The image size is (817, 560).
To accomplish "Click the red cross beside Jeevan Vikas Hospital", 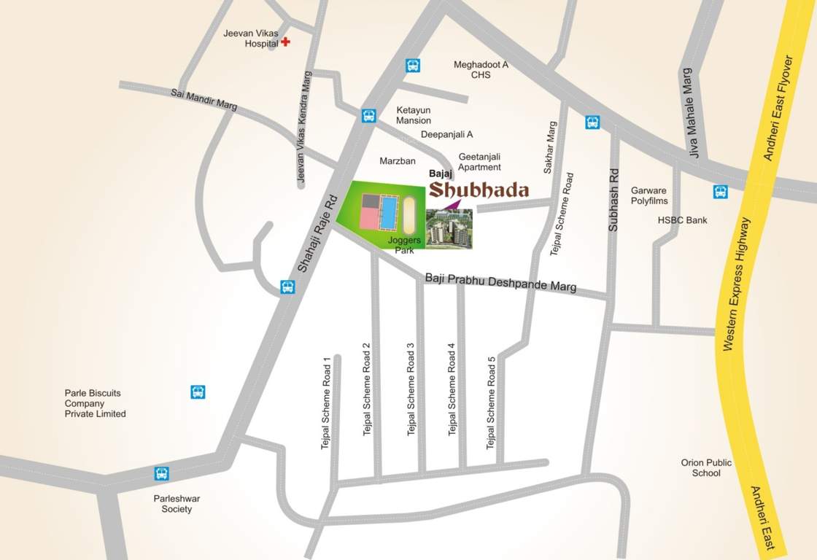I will (285, 42).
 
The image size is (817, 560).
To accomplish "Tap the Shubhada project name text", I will (478, 190).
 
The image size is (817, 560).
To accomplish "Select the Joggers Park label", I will (405, 244).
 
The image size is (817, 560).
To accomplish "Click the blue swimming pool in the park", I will (389, 212).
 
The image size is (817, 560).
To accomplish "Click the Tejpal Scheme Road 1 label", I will (326, 402).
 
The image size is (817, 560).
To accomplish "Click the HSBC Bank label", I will (682, 220).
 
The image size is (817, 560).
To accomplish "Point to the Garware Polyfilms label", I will (649, 195).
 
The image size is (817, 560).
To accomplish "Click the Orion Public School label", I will (706, 468).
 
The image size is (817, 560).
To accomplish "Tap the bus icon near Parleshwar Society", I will (162, 473).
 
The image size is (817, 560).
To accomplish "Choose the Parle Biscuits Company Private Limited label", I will (96, 403).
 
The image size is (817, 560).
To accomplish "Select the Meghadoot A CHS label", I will (481, 70).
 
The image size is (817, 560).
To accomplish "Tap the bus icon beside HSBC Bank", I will (720, 192).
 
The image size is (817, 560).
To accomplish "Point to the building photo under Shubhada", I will (449, 229).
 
